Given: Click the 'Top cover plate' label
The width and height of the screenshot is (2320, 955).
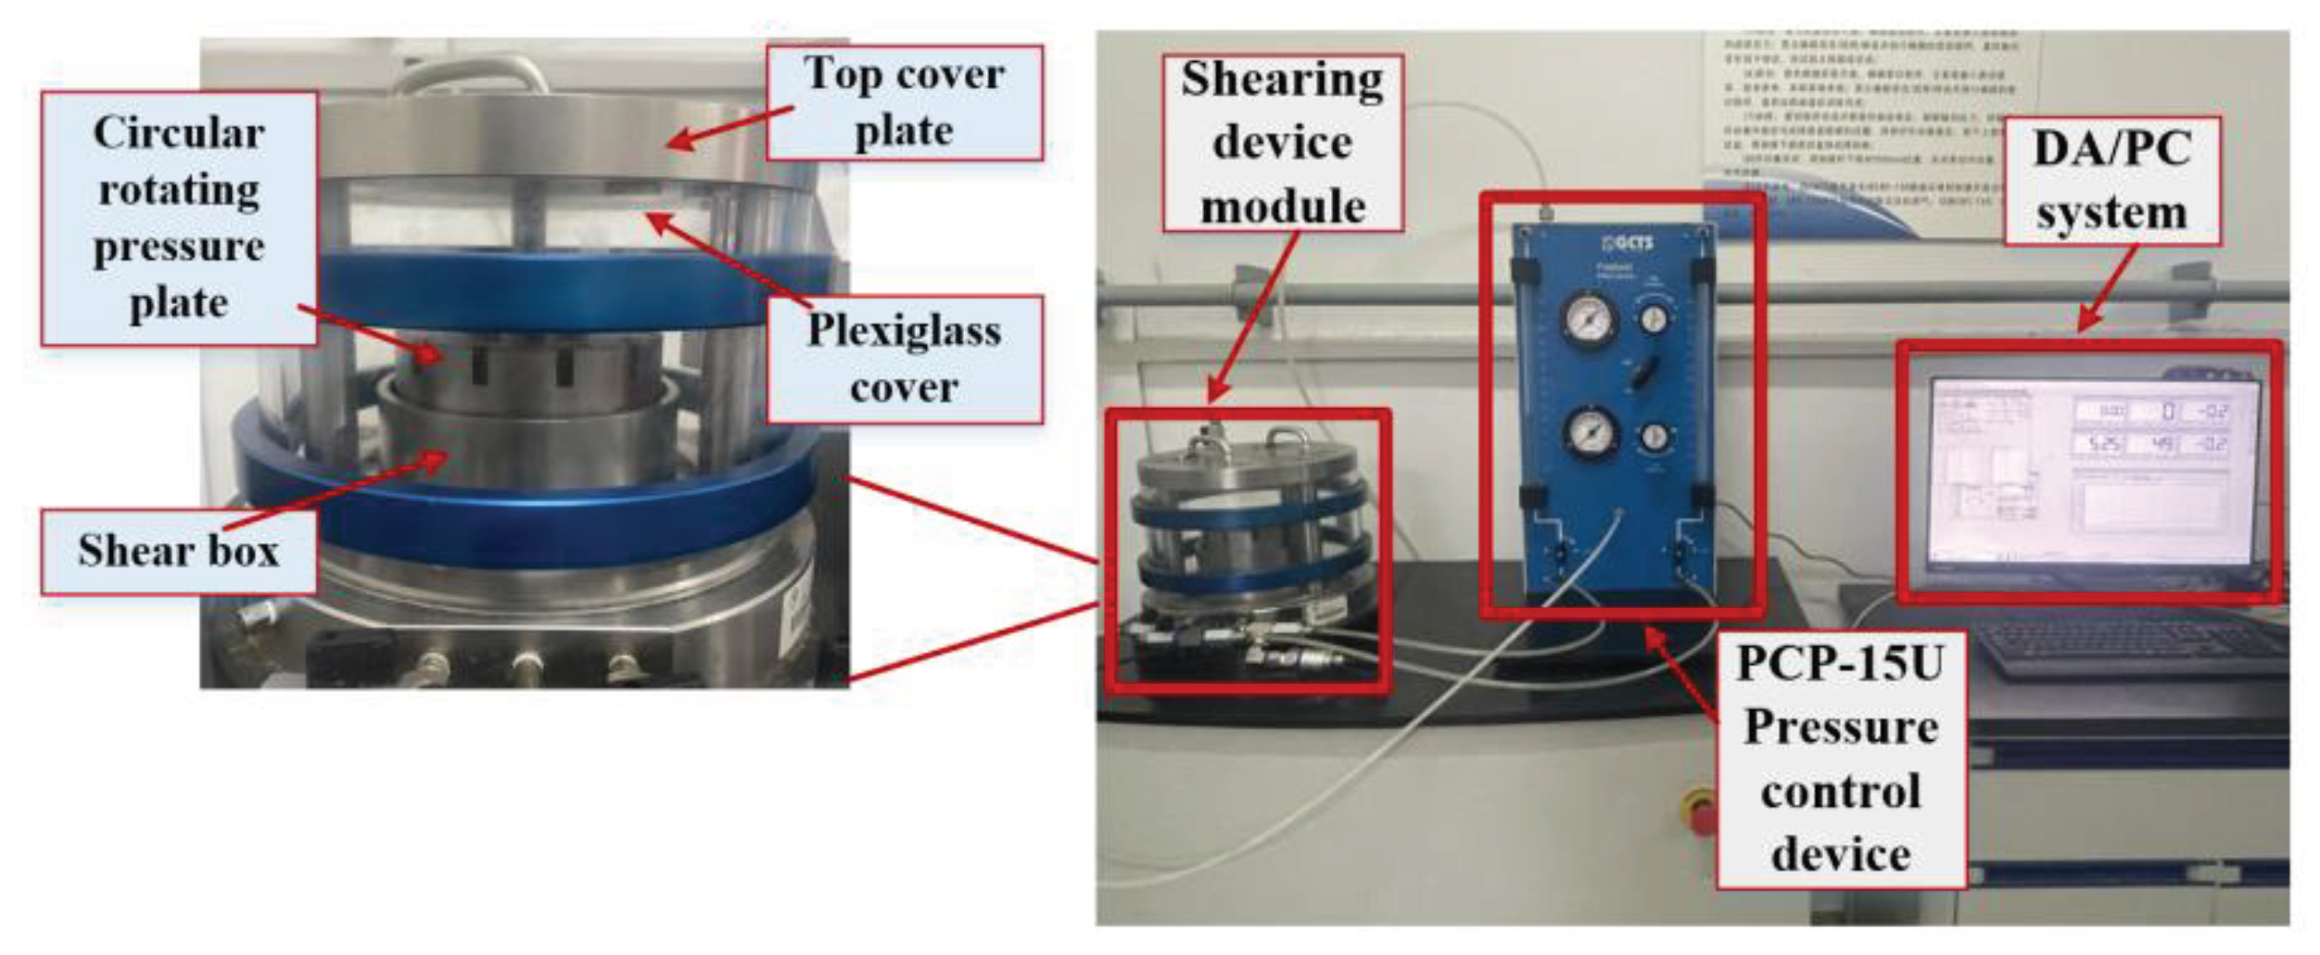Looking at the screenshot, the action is [x=904, y=102].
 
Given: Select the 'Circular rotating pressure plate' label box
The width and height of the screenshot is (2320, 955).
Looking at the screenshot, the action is [x=179, y=218].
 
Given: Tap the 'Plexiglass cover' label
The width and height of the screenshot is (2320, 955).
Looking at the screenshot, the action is [x=904, y=359].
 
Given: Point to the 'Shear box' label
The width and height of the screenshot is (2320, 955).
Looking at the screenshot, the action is [x=179, y=551].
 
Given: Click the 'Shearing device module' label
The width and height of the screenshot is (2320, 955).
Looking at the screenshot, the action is [x=1283, y=142].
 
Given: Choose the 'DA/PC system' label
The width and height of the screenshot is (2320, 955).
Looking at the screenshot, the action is [x=2111, y=180].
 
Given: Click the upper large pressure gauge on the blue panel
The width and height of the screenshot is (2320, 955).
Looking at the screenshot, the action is [x=1590, y=317].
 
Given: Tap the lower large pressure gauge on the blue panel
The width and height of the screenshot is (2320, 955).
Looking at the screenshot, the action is [x=1591, y=432].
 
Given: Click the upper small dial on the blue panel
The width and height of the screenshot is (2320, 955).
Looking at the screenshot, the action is [x=1654, y=318].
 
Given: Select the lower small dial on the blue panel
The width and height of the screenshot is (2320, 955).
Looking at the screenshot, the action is [x=1654, y=436].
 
